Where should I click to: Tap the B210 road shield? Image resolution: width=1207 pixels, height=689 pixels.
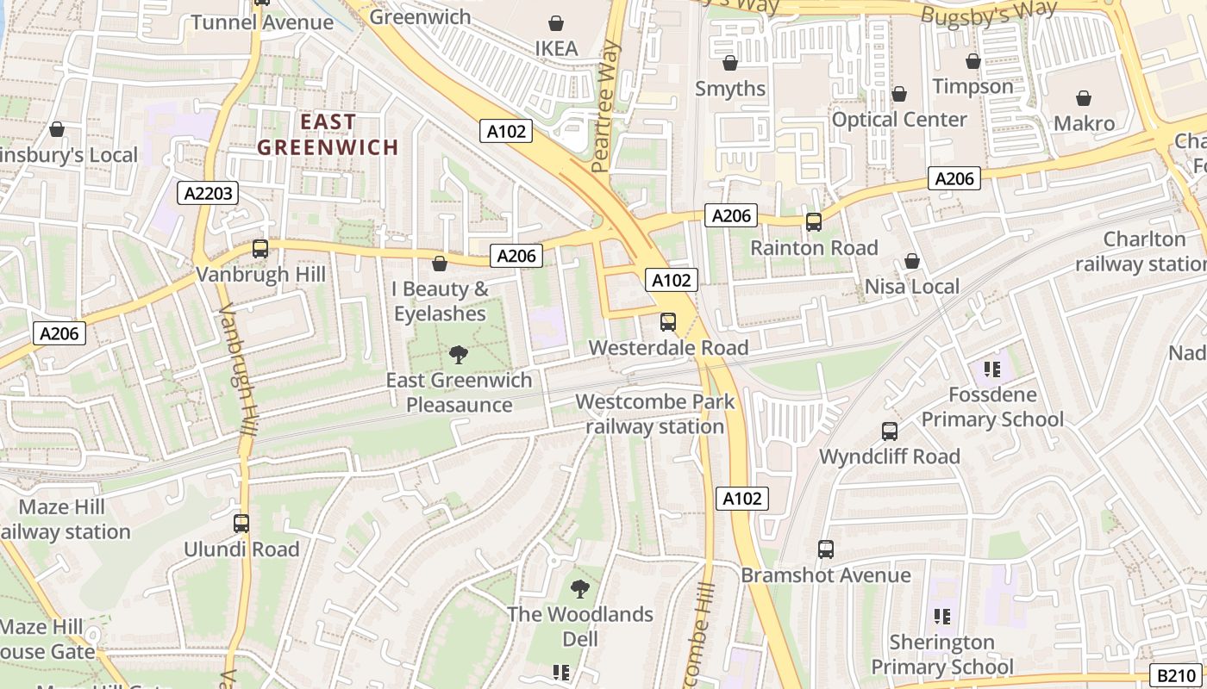(x=1176, y=676)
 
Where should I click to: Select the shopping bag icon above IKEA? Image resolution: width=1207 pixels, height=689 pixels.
(x=557, y=23)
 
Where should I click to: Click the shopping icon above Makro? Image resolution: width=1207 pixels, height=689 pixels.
(x=1084, y=98)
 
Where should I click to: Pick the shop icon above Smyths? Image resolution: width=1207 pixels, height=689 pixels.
(x=730, y=63)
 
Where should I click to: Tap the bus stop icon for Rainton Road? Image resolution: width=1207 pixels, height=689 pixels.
(x=813, y=222)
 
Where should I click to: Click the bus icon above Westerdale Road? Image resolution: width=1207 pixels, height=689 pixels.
(x=668, y=322)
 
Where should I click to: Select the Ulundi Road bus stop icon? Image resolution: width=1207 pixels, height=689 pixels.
(x=241, y=523)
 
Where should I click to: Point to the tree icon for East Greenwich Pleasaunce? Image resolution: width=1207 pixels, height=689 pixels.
(x=459, y=354)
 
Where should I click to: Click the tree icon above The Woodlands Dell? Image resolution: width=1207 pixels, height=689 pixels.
(x=580, y=589)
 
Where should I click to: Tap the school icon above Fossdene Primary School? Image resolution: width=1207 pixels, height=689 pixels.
(x=991, y=369)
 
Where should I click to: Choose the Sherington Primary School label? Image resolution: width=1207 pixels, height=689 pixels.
(x=942, y=655)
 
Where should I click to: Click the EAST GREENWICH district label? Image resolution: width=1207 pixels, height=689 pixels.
(x=328, y=134)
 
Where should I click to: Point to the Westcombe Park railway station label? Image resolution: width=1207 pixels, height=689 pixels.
(x=655, y=414)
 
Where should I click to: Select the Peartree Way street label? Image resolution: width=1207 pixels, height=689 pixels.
(x=606, y=105)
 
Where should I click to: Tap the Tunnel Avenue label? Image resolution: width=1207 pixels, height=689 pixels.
(x=262, y=22)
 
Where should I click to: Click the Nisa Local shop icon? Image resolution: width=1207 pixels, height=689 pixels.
(x=912, y=261)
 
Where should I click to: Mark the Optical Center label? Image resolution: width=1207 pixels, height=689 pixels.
(x=899, y=120)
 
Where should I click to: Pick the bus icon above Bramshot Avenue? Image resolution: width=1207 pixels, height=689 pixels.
(x=825, y=549)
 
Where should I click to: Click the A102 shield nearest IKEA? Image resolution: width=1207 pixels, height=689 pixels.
(x=506, y=131)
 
